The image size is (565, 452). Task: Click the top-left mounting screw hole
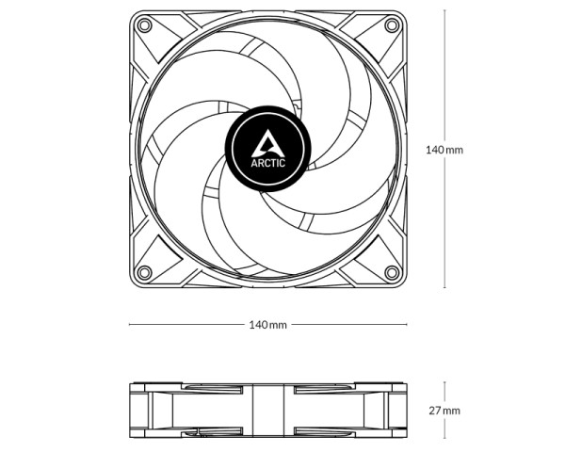tap(143, 24)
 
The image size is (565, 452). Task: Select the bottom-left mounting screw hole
tap(143, 272)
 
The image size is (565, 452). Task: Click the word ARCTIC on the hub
tap(267, 161)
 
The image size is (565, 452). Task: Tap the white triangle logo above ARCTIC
tap(267, 142)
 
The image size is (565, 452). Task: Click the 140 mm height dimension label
tap(444, 150)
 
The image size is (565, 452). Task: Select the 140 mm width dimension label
tap(267, 325)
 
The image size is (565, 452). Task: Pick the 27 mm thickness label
tap(444, 411)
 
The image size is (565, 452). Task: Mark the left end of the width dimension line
tap(130, 325)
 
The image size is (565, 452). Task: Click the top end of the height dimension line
tap(445, 11)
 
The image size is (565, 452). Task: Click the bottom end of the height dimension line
tap(445, 286)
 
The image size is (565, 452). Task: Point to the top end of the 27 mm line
tap(445, 383)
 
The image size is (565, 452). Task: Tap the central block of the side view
tap(267, 411)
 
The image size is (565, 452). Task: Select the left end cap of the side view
tap(137, 411)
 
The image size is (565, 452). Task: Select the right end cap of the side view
tap(398, 411)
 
